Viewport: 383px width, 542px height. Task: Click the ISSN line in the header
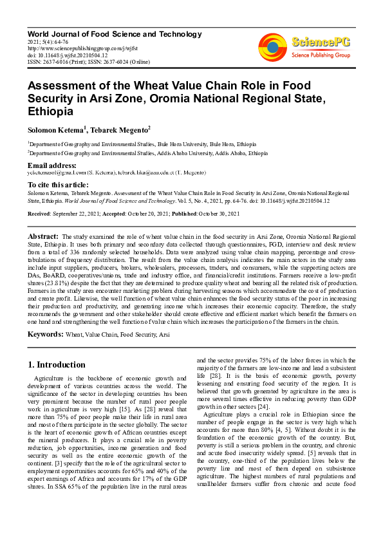pyautogui.click(x=86, y=62)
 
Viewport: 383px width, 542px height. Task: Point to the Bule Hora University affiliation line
pyautogui.click(x=142, y=144)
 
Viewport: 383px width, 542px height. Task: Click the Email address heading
pyautogui.click(x=52, y=165)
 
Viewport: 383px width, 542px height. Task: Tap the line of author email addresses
pyautogui.click(x=117, y=173)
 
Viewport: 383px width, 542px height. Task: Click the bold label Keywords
pyautogui.click(x=45, y=335)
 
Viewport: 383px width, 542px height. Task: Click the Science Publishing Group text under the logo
pyautogui.click(x=319, y=55)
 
